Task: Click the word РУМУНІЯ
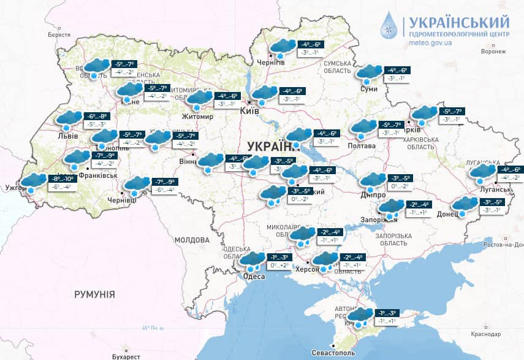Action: click(x=94, y=295)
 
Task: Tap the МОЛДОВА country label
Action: click(x=191, y=240)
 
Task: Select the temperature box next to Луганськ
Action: click(x=509, y=174)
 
